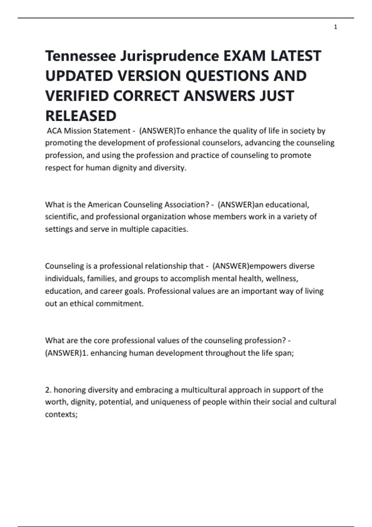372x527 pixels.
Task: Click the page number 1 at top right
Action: point(335,27)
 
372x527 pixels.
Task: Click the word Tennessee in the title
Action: point(81,56)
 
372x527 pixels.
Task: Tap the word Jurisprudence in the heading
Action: point(170,56)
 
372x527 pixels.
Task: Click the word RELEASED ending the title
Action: point(81,116)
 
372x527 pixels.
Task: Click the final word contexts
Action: point(61,414)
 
